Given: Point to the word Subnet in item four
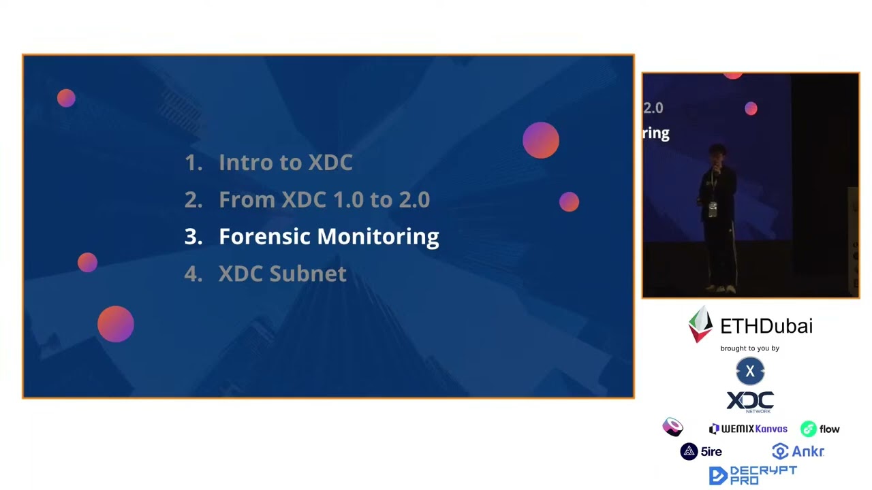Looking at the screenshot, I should coord(308,274).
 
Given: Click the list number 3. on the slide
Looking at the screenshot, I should coord(193,237).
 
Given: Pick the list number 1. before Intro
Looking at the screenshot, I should coord(193,163).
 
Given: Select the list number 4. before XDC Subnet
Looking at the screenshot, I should coord(193,274).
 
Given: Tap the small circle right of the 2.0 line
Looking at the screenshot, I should coord(569,202).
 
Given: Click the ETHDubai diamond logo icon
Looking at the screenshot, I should coord(700,325).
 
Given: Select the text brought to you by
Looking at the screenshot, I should coord(749,348).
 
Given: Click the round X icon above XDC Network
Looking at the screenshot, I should coord(750,372).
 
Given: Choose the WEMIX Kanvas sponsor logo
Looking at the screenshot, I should coord(748,429).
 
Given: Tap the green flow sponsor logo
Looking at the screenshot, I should coord(820,429).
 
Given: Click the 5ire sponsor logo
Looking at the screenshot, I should coord(701,451).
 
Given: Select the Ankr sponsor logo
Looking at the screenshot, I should coord(798,451).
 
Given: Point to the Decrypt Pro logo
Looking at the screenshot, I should coord(752,475).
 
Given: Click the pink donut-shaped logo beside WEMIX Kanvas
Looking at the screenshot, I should coord(672,427).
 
